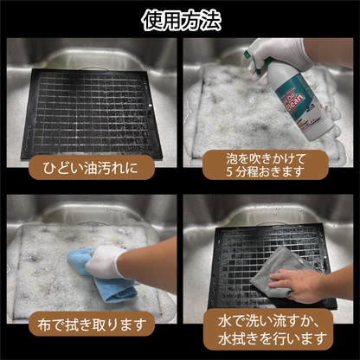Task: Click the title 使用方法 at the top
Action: click(x=180, y=19)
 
